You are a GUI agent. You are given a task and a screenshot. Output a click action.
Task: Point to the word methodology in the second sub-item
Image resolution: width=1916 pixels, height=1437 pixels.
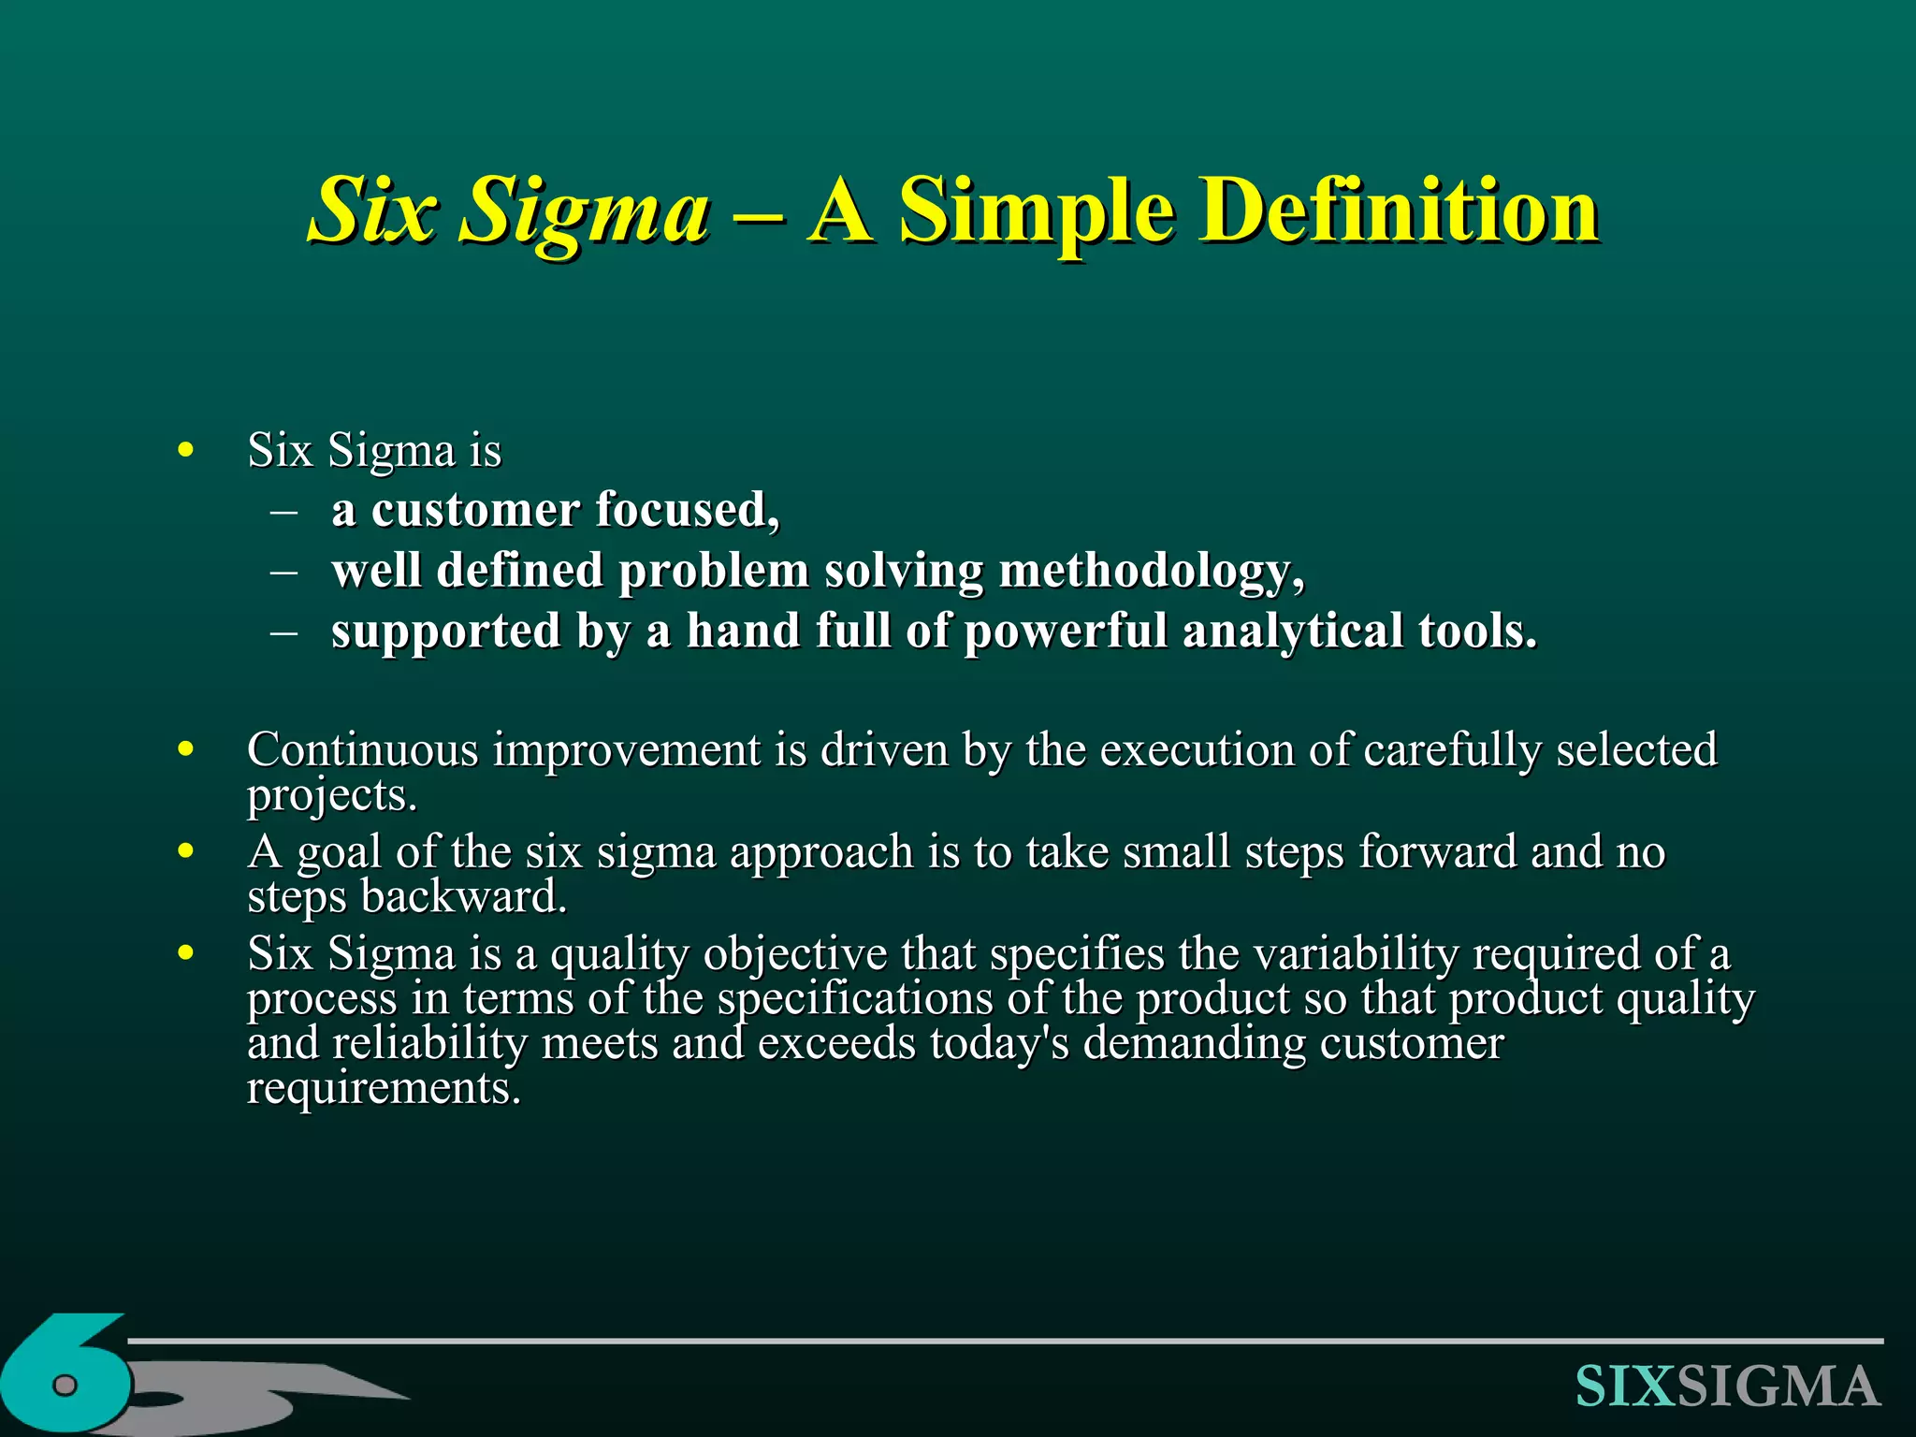1151,571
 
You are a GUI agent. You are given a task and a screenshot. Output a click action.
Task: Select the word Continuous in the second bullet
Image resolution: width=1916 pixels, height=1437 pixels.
363,749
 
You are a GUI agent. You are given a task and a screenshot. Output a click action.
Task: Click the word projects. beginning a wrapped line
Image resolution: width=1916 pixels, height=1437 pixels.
331,795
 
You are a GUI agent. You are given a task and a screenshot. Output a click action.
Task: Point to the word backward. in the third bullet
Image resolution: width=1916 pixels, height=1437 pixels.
464,896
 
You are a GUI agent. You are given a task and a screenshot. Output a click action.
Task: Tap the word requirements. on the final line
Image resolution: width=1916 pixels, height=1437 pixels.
384,1088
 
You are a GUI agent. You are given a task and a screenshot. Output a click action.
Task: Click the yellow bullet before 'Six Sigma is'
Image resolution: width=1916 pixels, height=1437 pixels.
185,451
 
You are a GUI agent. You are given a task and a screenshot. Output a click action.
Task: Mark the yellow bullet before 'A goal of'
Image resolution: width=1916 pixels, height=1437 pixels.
185,851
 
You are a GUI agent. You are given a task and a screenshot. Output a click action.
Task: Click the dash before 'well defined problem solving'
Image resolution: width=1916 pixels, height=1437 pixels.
283,571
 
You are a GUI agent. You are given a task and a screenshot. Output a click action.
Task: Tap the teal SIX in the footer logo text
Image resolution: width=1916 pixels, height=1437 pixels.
1625,1386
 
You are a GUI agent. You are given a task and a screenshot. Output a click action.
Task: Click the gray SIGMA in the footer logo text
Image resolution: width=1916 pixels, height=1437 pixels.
1778,1386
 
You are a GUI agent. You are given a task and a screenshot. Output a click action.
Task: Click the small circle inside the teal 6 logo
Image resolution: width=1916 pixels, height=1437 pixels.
65,1385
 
